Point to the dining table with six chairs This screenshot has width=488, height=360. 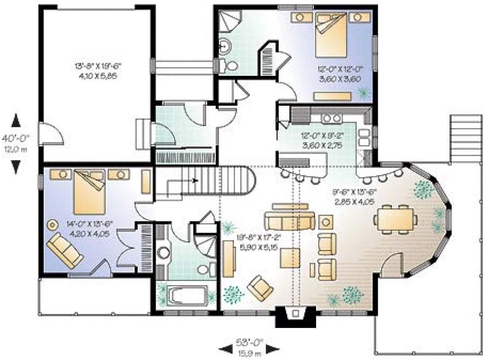click(395, 220)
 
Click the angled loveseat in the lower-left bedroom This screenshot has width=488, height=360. click(65, 249)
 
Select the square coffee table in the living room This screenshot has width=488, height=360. click(290, 257)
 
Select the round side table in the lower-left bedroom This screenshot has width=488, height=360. click(53, 224)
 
